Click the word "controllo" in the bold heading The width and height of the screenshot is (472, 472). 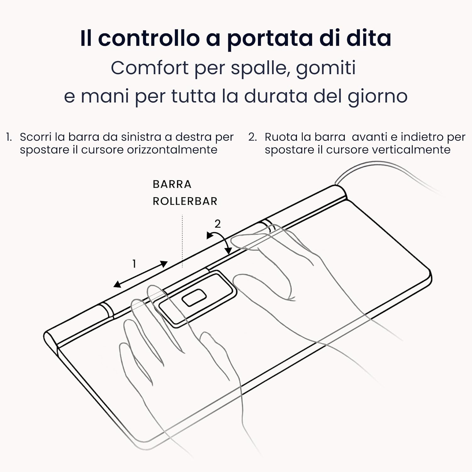pyautogui.click(x=149, y=38)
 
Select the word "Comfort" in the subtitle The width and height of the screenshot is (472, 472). pyautogui.click(x=149, y=68)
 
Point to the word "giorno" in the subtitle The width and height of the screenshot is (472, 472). pyautogui.click(x=378, y=96)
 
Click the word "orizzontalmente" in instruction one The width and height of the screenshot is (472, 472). pyautogui.click(x=172, y=150)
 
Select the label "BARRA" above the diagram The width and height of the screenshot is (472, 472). pyautogui.click(x=172, y=184)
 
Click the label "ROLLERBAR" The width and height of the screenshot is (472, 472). pyautogui.click(x=185, y=201)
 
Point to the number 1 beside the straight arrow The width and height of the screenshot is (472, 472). pyautogui.click(x=134, y=264)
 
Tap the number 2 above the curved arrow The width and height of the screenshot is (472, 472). pyautogui.click(x=217, y=224)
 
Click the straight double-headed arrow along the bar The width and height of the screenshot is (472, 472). pyautogui.click(x=140, y=274)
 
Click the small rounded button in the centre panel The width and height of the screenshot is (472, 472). pyautogui.click(x=194, y=298)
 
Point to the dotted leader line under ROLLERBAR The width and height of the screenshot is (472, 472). pyautogui.click(x=182, y=241)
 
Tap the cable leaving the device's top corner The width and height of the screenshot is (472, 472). pyautogui.click(x=378, y=167)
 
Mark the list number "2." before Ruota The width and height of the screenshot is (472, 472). pyautogui.click(x=253, y=137)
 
